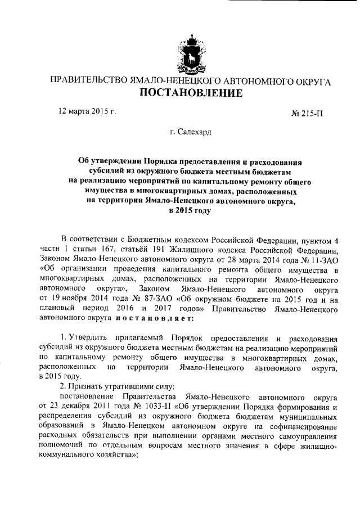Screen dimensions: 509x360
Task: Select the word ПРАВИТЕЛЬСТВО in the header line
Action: [85, 81]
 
